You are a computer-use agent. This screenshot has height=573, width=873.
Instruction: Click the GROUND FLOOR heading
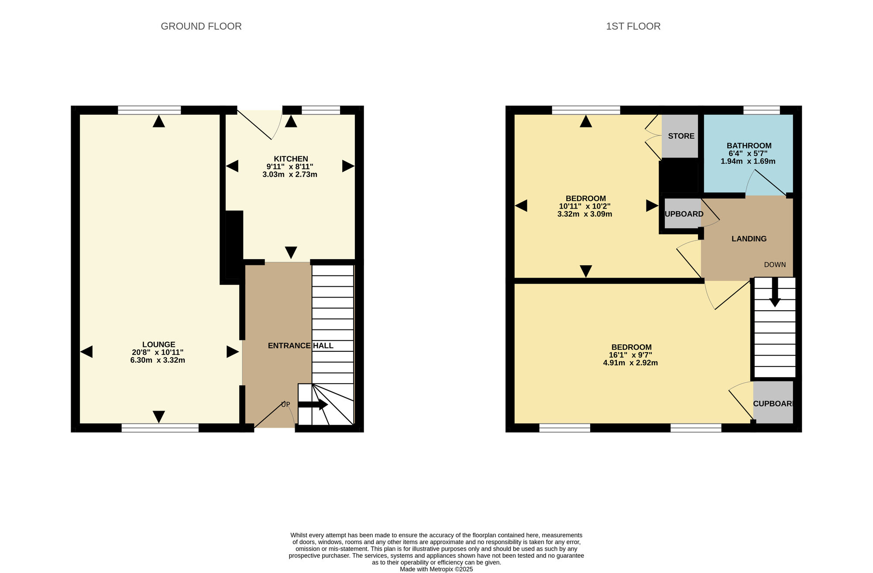pos(201,26)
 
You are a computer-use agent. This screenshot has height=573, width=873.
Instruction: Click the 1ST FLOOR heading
pos(633,26)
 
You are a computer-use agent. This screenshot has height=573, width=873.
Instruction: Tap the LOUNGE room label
pos(158,344)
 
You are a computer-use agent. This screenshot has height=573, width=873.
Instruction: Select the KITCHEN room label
pos(291,159)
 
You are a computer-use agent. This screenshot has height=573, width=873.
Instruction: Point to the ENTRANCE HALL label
pos(300,346)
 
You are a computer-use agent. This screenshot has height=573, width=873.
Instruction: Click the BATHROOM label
pos(749,146)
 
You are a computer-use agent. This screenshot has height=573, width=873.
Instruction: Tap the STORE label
pos(681,136)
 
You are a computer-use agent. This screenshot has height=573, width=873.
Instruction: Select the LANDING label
pos(749,239)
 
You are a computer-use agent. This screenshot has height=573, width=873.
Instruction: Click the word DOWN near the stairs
pos(775,265)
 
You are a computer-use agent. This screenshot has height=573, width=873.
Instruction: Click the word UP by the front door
pos(285,405)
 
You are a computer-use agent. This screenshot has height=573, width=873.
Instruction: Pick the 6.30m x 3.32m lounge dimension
pos(158,360)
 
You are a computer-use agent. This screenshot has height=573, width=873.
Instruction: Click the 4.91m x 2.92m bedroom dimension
pos(630,363)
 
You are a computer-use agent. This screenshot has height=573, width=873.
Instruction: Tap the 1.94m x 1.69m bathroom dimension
pos(748,161)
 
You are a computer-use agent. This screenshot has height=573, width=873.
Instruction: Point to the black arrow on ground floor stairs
pos(313,405)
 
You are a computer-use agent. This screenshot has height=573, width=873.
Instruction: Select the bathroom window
pos(761,110)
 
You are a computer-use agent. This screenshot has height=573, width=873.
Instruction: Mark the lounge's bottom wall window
pos(160,428)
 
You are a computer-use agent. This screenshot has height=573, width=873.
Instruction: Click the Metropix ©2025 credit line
pos(436,569)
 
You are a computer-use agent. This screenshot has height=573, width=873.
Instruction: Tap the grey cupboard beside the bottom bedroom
pos(773,402)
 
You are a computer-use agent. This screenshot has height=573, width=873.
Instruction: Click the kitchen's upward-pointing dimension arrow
pos(291,121)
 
